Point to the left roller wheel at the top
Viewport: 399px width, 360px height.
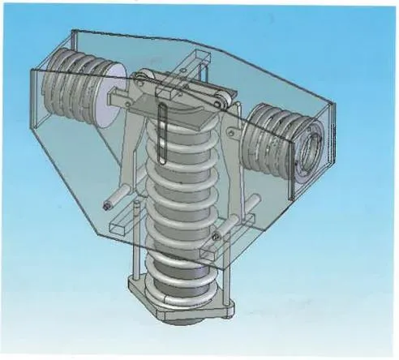click(144, 80)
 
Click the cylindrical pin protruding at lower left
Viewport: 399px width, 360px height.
click(114, 199)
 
